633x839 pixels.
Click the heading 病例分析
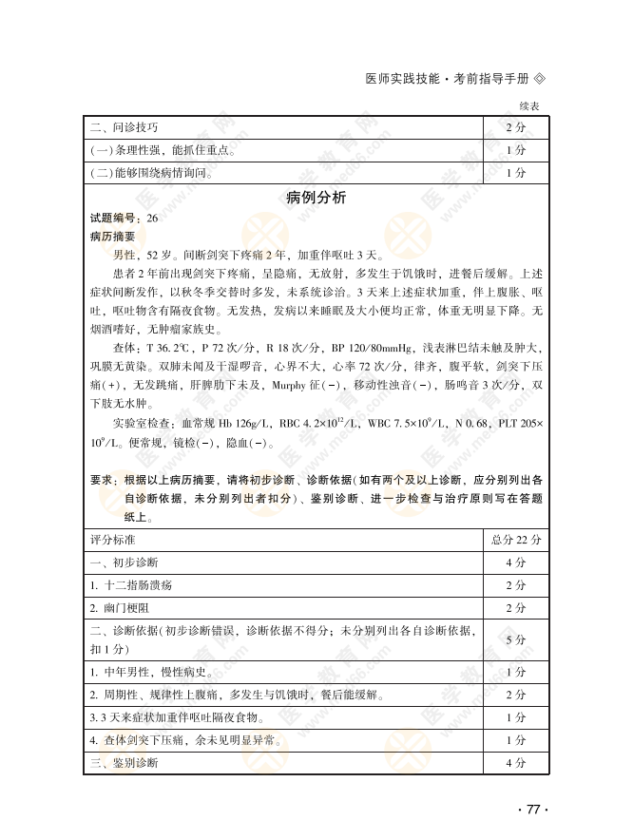coord(316,198)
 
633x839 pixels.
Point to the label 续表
coord(529,106)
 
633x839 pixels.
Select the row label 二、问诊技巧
coord(124,127)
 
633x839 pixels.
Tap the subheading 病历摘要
coord(112,237)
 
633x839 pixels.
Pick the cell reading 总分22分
coord(515,539)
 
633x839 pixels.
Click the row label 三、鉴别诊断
coord(124,763)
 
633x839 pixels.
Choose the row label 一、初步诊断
coord(124,562)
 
